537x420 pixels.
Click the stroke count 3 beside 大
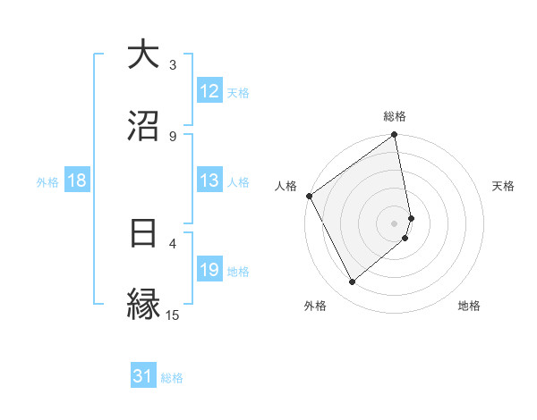tap(174, 65)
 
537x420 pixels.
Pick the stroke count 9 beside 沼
tap(174, 136)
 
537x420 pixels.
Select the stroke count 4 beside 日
tap(174, 242)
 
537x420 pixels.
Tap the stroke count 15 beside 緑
tap(173, 315)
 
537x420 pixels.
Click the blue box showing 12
tap(209, 91)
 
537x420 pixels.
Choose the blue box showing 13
tap(209, 181)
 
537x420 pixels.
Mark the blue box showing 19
tap(209, 270)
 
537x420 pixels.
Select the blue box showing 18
tap(77, 181)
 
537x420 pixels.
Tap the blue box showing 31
tap(143, 377)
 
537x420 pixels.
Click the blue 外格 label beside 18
tap(47, 181)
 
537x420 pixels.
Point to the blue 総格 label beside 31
tap(172, 378)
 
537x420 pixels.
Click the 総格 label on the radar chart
tap(395, 116)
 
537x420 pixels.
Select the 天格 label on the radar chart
tap(504, 186)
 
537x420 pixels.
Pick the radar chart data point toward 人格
tap(309, 196)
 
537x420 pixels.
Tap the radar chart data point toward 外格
tap(352, 282)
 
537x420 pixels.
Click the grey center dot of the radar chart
tap(395, 223)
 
